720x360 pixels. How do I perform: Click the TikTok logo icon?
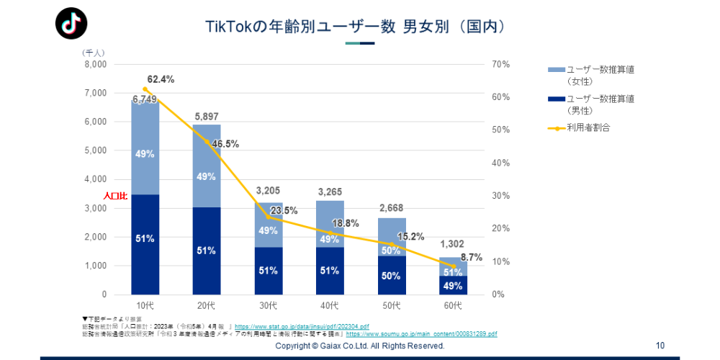pyautogui.click(x=71, y=24)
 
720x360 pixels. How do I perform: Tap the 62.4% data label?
pyautogui.click(x=161, y=79)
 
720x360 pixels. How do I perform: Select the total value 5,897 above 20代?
pyautogui.click(x=207, y=117)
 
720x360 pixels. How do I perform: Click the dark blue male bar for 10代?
pyautogui.click(x=145, y=244)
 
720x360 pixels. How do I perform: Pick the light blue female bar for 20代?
pyautogui.click(x=207, y=166)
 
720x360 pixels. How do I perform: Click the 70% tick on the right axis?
pyautogui.click(x=501, y=64)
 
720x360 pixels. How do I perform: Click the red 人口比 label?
pyautogui.click(x=115, y=196)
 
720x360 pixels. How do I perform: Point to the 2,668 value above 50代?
pyautogui.click(x=392, y=209)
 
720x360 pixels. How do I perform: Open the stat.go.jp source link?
pyautogui.click(x=302, y=327)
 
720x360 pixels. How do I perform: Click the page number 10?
pyautogui.click(x=660, y=346)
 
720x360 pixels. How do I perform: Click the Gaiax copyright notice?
pyautogui.click(x=360, y=346)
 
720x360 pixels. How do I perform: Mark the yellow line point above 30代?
pyautogui.click(x=269, y=217)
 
